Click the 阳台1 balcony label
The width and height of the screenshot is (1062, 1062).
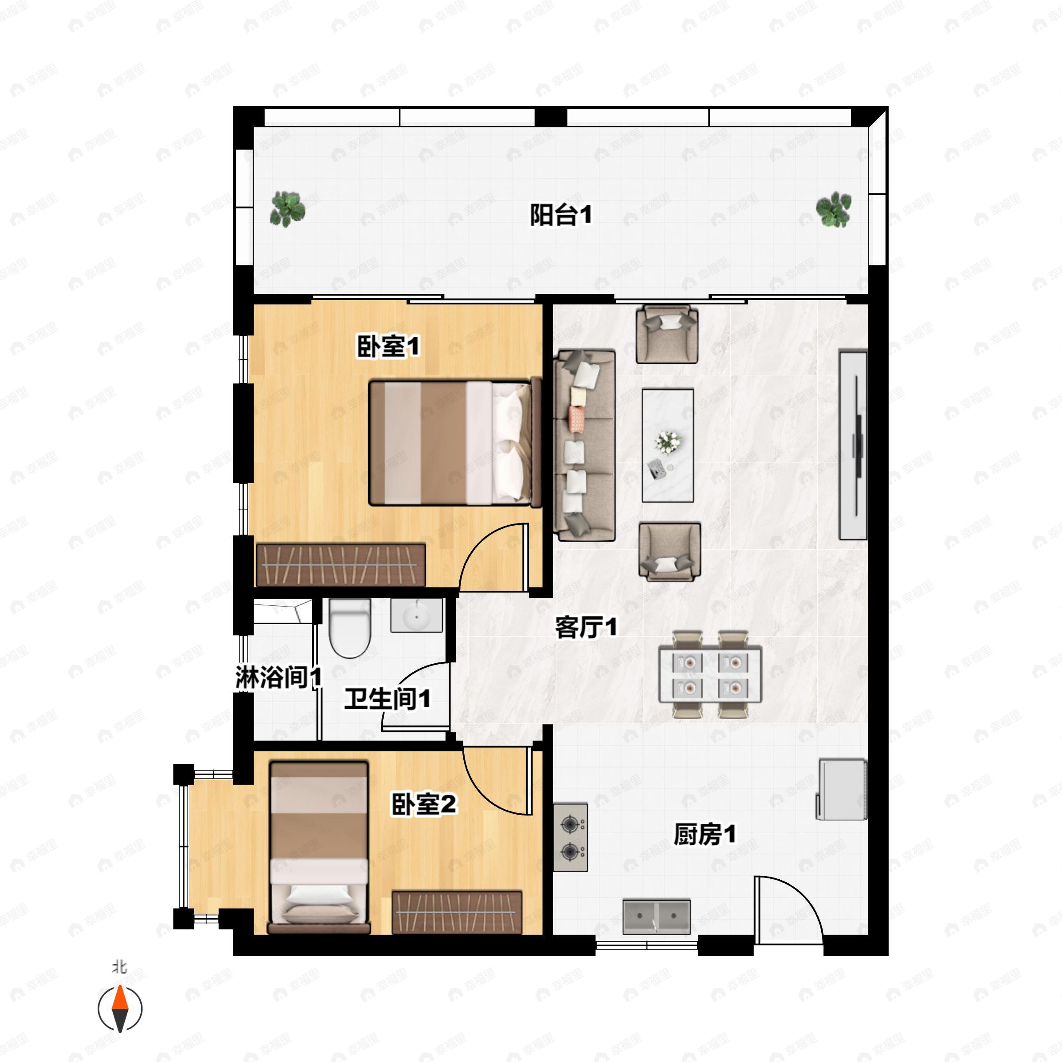pos(560,215)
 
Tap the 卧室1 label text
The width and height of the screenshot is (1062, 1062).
pos(388,347)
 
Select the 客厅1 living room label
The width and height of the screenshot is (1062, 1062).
pos(585,627)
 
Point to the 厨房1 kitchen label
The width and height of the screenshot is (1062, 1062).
pos(704,835)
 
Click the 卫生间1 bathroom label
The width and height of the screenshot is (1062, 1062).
pos(387,699)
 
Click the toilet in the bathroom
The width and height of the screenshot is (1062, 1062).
pos(350,628)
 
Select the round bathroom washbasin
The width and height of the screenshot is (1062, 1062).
pos(416,616)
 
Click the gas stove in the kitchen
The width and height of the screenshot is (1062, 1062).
pos(570,838)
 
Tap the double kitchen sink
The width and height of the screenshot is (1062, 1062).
pos(656,916)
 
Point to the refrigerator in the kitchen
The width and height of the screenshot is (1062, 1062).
pos(842,789)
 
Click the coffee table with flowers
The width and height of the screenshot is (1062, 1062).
pos(668,445)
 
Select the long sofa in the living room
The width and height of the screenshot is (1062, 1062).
pos(584,445)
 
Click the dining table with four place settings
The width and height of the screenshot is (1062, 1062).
pos(710,674)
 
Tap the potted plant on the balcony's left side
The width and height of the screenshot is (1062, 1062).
pos(287,209)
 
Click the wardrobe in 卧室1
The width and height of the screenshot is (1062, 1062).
pos(341,565)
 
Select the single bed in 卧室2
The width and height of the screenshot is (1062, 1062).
pos(318,847)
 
